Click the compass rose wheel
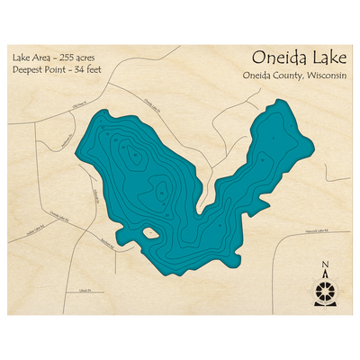pyautogui.click(x=323, y=290)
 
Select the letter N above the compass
pyautogui.click(x=323, y=264)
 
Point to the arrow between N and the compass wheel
pyautogui.click(x=323, y=274)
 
